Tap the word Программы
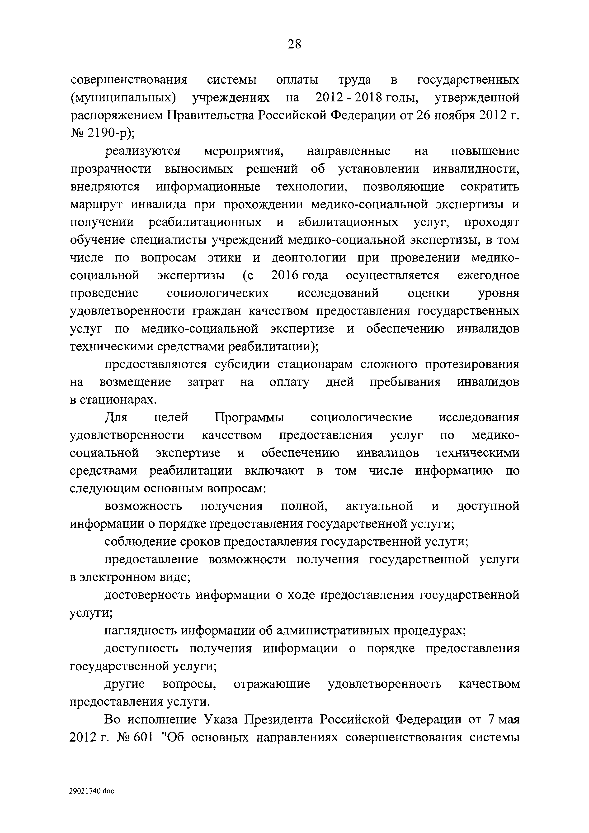249,418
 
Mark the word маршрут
97,205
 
